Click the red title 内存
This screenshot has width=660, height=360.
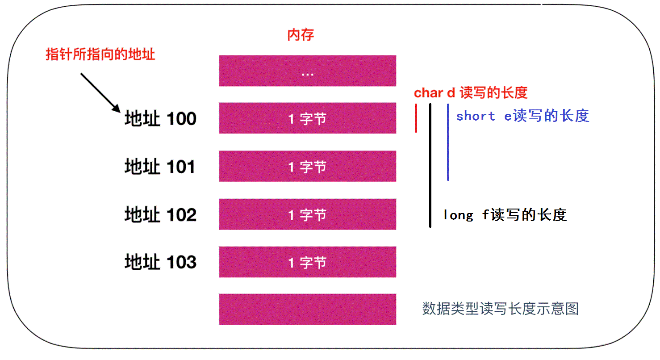click(x=301, y=35)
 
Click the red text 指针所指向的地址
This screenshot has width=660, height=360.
click(x=100, y=54)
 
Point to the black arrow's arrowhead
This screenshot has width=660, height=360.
click(x=117, y=109)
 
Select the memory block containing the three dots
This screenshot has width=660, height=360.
click(x=308, y=71)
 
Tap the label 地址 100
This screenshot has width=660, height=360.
click(x=161, y=118)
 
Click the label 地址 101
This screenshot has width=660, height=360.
click(x=160, y=167)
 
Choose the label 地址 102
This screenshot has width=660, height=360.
click(x=161, y=214)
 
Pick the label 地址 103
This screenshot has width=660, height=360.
click(x=161, y=262)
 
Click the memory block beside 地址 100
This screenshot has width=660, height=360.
click(x=308, y=118)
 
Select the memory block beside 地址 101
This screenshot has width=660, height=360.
click(x=308, y=166)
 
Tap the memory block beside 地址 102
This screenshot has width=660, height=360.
click(x=308, y=214)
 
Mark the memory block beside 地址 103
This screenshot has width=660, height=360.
click(x=308, y=262)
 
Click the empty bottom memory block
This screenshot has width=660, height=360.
click(x=308, y=310)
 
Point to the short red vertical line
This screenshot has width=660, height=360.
click(x=416, y=118)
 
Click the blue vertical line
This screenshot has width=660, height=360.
click(x=448, y=142)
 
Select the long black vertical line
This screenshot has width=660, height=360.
click(x=430, y=165)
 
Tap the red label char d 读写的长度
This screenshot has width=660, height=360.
click(x=471, y=93)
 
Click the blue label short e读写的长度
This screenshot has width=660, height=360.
click(x=523, y=116)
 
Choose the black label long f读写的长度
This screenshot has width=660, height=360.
click(x=505, y=215)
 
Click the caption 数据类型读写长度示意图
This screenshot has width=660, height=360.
click(x=501, y=309)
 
